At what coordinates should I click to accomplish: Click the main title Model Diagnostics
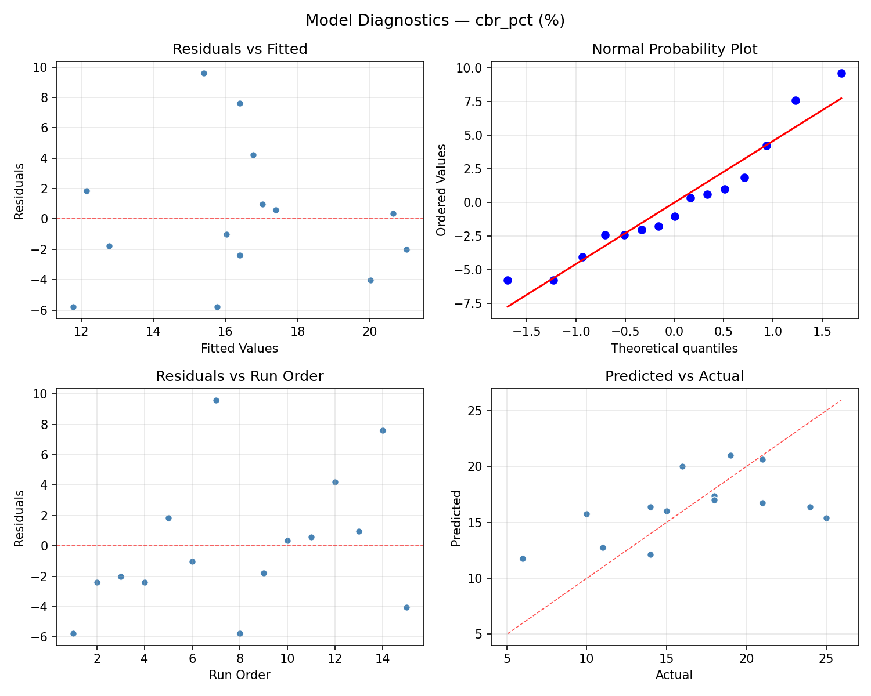coord(435,21)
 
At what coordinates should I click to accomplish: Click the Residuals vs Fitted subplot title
coord(240,49)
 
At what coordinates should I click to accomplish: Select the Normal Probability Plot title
coord(674,49)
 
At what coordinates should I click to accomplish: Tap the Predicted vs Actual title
coord(674,376)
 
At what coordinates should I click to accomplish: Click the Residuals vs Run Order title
coord(240,376)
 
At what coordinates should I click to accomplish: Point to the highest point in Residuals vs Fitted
coord(204,73)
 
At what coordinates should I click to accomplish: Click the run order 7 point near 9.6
coord(216,400)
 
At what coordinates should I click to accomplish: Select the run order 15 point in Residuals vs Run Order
coord(406,607)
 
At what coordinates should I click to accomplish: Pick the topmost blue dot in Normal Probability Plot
coord(841,73)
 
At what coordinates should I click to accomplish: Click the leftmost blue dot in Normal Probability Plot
coord(508,280)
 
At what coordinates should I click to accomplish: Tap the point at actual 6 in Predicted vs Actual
coord(523,559)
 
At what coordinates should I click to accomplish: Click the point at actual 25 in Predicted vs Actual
coord(826,518)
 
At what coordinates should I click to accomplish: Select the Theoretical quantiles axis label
coord(674,349)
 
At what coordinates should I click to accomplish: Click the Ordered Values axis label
coord(441,190)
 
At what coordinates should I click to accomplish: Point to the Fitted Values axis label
coord(240,349)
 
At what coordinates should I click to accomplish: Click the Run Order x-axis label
coord(240,675)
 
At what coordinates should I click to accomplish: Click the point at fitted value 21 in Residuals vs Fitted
coord(406,249)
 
